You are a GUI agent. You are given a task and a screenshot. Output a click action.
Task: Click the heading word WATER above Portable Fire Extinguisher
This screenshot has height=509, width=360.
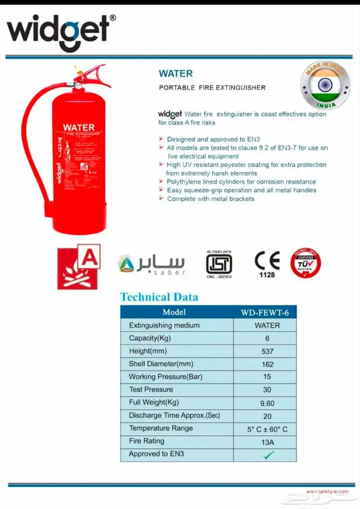point(175,74)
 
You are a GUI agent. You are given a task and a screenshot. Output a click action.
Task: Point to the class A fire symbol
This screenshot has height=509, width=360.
point(78,267)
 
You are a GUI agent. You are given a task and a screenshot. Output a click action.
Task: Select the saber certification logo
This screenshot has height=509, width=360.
point(151,264)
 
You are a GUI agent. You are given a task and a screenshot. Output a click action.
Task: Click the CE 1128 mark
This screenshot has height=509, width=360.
point(267,264)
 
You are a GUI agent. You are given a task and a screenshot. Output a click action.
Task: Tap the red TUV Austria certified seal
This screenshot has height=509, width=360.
point(305,263)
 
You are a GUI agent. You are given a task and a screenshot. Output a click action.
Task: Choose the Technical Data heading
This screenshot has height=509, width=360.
point(159,297)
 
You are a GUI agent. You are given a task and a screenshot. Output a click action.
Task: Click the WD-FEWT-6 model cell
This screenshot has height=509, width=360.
point(267,312)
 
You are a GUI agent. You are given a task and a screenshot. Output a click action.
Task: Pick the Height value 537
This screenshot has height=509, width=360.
point(267,351)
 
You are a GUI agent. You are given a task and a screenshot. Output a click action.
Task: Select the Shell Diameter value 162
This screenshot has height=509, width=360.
point(267,364)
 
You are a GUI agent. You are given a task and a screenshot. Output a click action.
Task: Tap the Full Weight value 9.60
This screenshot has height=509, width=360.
point(267,404)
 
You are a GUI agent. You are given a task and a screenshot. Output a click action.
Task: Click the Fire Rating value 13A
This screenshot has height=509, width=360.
point(267,442)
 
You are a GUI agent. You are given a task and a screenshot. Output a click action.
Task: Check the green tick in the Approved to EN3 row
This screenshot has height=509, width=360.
point(267,455)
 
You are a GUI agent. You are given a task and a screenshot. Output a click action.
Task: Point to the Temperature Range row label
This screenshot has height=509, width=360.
point(161,428)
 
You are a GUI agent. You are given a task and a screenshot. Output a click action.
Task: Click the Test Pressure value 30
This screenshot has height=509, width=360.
point(267,390)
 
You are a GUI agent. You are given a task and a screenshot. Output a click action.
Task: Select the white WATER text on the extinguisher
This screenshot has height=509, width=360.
point(79,127)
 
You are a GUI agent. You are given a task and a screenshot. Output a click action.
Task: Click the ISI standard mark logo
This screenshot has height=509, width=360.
point(219,264)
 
